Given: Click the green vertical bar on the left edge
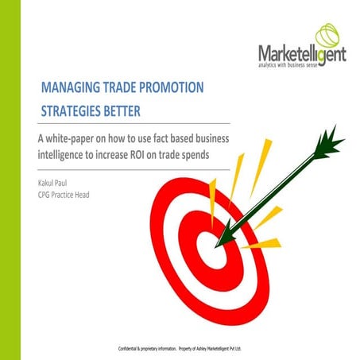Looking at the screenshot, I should [10, 180].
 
